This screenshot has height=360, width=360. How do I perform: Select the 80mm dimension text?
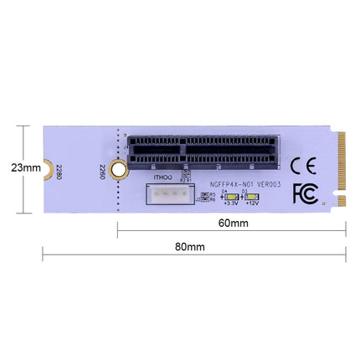(x=190, y=247)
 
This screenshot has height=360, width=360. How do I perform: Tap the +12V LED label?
(x=251, y=202)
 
